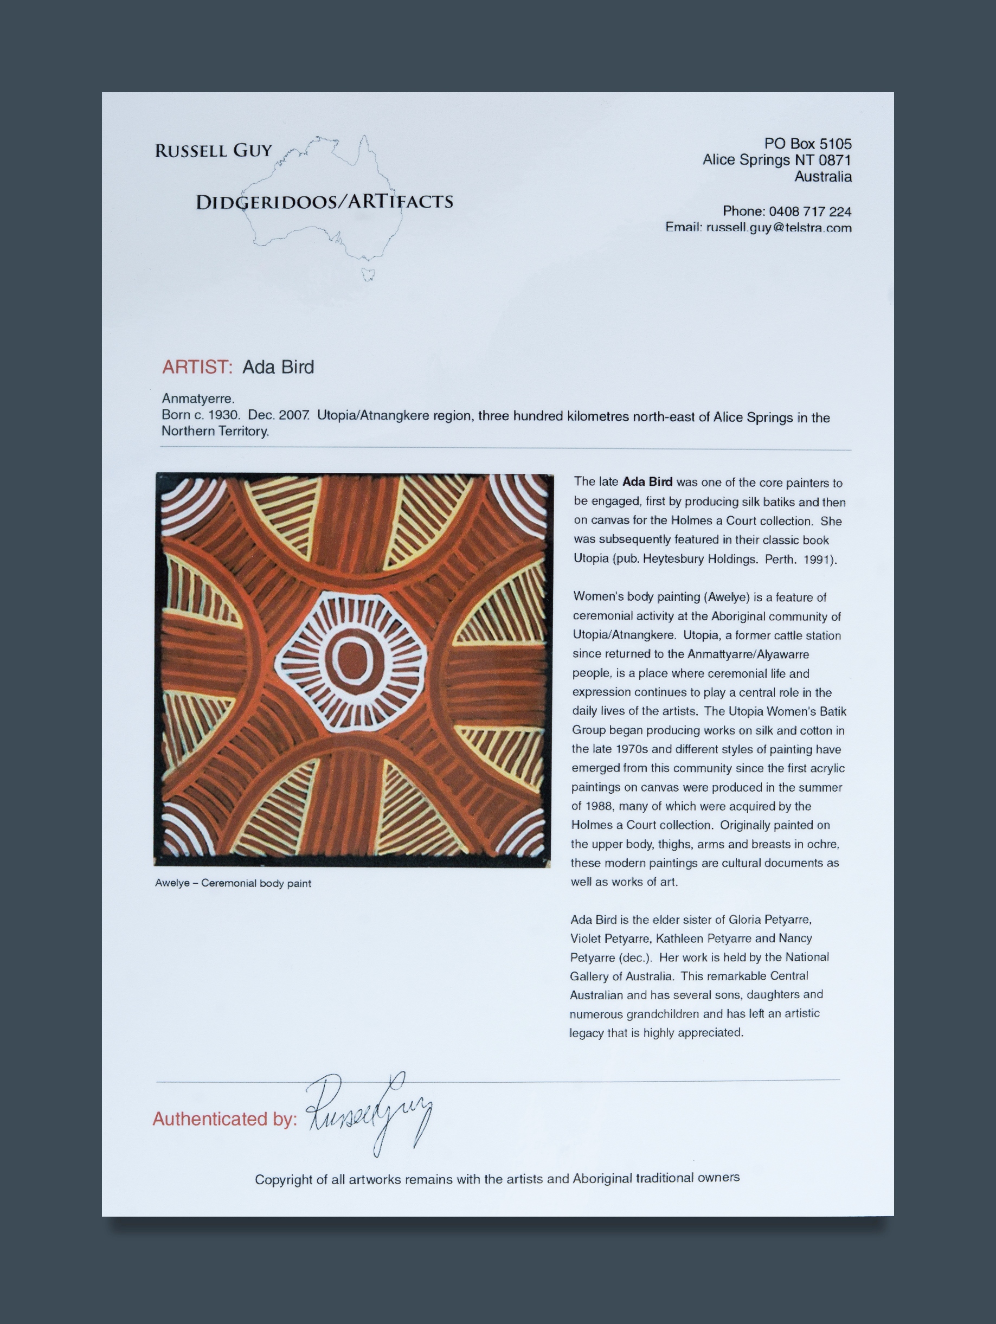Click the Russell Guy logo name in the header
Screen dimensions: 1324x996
(x=213, y=151)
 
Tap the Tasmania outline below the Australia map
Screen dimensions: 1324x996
(x=368, y=274)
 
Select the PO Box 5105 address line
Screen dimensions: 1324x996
(x=807, y=144)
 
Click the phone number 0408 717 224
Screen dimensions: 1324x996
(x=810, y=211)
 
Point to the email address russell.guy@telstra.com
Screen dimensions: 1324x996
(x=778, y=228)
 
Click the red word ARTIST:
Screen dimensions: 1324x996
(x=197, y=367)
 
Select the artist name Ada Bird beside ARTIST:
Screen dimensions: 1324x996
(x=278, y=367)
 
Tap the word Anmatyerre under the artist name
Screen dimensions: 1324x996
(x=197, y=398)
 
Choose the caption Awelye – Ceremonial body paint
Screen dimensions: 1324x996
(x=233, y=883)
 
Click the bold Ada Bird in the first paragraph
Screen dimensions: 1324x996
(x=647, y=482)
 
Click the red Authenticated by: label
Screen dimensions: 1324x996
(x=224, y=1119)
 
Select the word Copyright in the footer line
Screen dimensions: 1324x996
(x=283, y=1180)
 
